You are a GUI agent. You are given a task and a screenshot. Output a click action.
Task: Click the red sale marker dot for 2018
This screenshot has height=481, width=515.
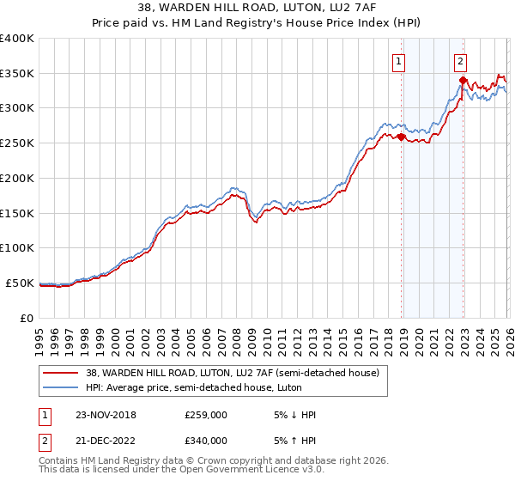coord(401,137)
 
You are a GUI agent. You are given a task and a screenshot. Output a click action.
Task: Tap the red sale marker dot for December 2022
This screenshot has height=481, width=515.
coord(463,81)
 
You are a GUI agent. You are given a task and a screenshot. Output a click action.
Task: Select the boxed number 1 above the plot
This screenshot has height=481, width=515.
coord(400,60)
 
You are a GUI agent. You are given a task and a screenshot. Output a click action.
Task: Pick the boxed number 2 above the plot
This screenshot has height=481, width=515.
coord(461,60)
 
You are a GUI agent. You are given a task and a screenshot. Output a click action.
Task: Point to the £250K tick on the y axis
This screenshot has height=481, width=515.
coord(17,143)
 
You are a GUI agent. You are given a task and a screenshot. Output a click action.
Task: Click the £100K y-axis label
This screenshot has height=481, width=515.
coord(17,247)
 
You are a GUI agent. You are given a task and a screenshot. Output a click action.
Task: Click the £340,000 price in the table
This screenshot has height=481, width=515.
coord(205,440)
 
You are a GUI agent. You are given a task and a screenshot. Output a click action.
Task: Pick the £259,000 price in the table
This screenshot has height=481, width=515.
coord(205,415)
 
